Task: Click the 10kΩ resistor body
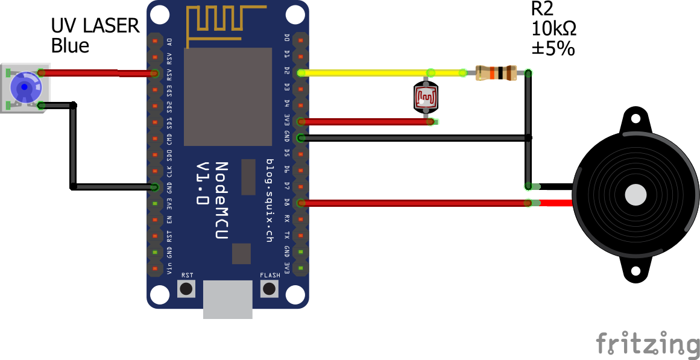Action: pos(496,73)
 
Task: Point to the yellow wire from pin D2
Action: pos(362,73)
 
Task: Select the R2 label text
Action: pos(543,8)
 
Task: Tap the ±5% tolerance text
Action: pos(553,49)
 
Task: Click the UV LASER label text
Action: pos(95,26)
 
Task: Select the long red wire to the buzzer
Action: pos(416,203)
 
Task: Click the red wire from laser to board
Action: pos(96,73)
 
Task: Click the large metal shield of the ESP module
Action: pos(227,97)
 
